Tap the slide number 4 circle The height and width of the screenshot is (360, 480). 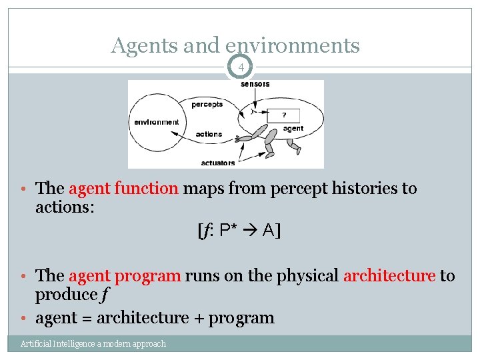click(241, 68)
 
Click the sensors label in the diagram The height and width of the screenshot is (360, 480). click(255, 84)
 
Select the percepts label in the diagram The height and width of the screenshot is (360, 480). click(207, 104)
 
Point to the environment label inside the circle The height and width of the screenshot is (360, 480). click(156, 122)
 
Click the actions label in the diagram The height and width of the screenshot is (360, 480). click(209, 134)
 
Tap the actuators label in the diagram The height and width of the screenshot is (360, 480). click(218, 163)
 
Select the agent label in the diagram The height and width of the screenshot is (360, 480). click(293, 128)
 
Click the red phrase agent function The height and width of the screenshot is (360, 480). click(123, 189)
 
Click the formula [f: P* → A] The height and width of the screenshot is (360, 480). click(239, 231)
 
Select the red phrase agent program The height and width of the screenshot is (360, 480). click(125, 275)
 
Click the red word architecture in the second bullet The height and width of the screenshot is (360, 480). click(389, 275)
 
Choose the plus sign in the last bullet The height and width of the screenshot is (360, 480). click(198, 318)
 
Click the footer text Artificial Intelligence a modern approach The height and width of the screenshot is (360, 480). click(93, 344)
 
